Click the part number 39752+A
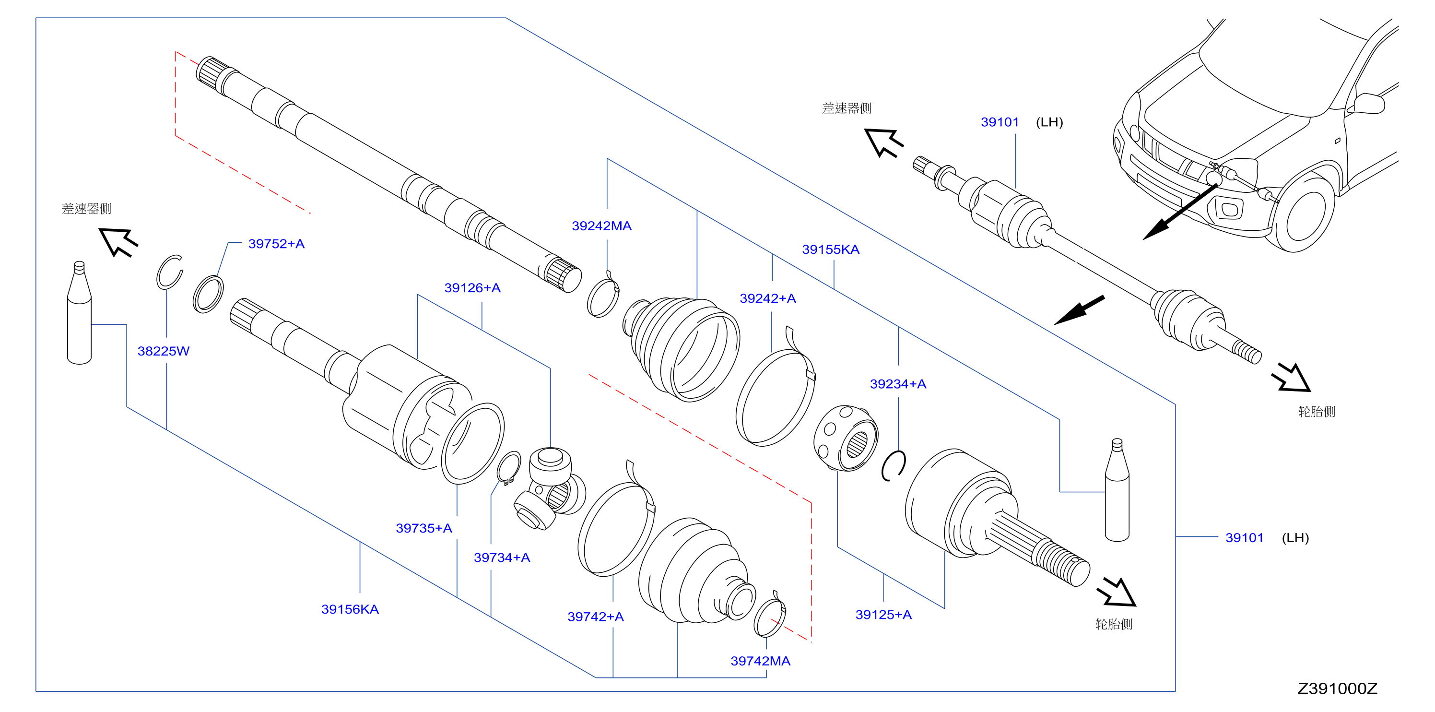pyautogui.click(x=276, y=244)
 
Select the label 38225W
pyautogui.click(x=163, y=351)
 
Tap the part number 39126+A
pyautogui.click(x=472, y=288)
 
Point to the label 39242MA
pyautogui.click(x=601, y=226)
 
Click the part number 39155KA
pyautogui.click(x=831, y=249)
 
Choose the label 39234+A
pyautogui.click(x=898, y=384)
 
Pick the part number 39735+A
pyautogui.click(x=424, y=528)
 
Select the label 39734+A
pyautogui.click(x=502, y=558)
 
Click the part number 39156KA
pyautogui.click(x=350, y=609)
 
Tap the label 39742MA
pyautogui.click(x=760, y=661)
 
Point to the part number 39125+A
pyautogui.click(x=883, y=615)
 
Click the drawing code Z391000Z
pyautogui.click(x=1338, y=689)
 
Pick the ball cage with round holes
pyautogui.click(x=845, y=439)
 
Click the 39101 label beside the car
pyautogui.click(x=1000, y=122)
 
